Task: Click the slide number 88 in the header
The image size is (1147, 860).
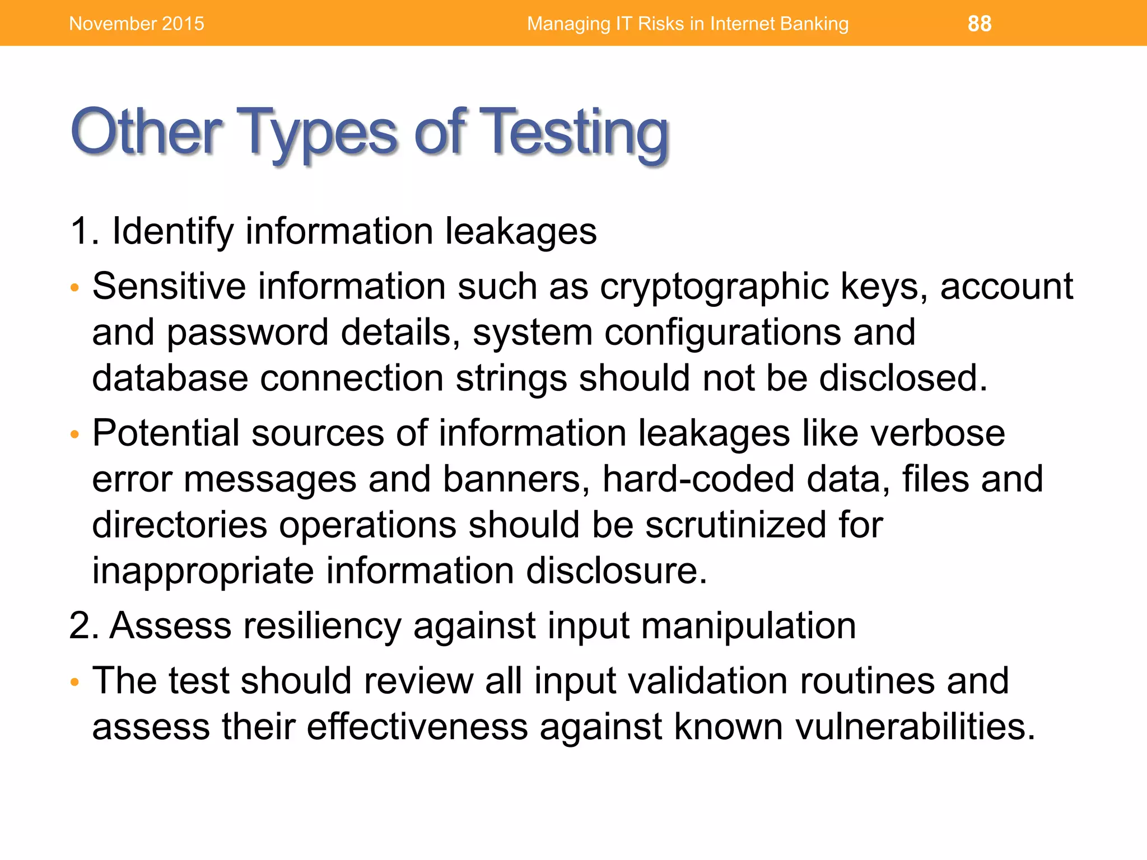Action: [979, 24]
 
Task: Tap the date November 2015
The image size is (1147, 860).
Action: [137, 24]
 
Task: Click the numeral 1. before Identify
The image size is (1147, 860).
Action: [84, 231]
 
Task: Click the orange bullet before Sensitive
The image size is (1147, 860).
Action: [75, 289]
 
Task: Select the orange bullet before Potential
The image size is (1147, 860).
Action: [75, 435]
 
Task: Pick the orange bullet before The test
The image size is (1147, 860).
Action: [75, 683]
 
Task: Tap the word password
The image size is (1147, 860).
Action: [248, 333]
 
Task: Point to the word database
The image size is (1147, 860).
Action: [170, 378]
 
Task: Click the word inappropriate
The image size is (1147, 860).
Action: [203, 571]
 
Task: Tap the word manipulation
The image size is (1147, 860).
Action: [748, 625]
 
